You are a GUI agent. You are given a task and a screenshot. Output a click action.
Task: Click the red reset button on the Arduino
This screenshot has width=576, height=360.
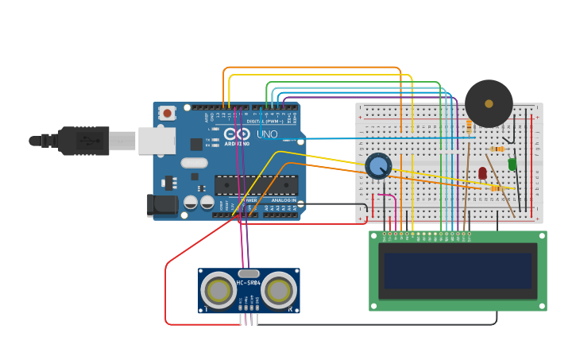pyautogui.click(x=167, y=114)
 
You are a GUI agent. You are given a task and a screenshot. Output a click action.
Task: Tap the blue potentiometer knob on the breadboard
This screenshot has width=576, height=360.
pyautogui.click(x=378, y=166)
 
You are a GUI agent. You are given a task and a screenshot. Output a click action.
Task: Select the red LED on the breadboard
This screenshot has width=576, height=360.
pyautogui.click(x=482, y=172)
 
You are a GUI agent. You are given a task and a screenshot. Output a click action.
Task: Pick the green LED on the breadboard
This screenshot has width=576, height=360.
pyautogui.click(x=512, y=165)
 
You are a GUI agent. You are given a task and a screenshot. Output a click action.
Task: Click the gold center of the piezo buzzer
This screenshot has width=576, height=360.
pyautogui.click(x=489, y=103)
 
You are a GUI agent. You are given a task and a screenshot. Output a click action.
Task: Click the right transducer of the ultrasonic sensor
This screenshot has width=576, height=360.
pyautogui.click(x=279, y=290)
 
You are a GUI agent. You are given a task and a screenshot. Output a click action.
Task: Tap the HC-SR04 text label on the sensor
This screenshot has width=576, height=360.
pyautogui.click(x=249, y=283)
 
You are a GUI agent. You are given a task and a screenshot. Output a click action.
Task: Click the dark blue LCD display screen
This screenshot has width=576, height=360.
pyautogui.click(x=457, y=271)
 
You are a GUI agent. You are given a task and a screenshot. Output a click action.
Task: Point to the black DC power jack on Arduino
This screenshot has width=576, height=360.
pyautogui.click(x=163, y=205)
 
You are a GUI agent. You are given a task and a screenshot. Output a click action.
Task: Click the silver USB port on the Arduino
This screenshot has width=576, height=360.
pyautogui.click(x=157, y=141)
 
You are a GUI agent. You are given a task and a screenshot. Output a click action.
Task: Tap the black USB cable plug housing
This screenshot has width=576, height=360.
pyautogui.click(x=83, y=141)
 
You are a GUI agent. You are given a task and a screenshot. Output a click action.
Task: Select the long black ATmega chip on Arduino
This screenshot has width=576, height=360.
pyautogui.click(x=256, y=185)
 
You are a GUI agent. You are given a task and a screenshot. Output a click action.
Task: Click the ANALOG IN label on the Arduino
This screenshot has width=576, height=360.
pyautogui.click(x=283, y=200)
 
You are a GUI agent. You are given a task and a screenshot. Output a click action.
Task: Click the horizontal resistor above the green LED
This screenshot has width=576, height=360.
pyautogui.click(x=497, y=149)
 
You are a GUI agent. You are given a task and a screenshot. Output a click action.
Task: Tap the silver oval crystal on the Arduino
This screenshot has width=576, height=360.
pyautogui.click(x=194, y=163)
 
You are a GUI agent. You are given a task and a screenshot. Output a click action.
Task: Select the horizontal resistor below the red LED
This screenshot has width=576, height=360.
pyautogui.click(x=495, y=188)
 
